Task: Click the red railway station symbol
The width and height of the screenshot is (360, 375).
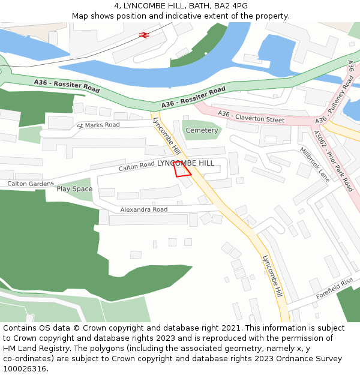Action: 144,35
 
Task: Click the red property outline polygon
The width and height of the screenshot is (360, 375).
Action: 182,169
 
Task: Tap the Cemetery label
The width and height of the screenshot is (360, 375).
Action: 202,130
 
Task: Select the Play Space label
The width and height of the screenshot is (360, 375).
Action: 74,189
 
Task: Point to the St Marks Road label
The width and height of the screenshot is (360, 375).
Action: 98,125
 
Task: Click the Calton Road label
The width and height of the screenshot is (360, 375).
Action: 136,166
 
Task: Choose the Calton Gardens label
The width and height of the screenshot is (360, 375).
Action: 31,184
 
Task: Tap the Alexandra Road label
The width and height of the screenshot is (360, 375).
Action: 143,209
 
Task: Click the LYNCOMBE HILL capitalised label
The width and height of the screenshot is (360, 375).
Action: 185,163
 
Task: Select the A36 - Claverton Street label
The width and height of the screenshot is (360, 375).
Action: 251,117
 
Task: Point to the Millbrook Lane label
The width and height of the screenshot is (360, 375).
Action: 315,164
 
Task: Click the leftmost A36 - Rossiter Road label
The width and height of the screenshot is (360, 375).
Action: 67,85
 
